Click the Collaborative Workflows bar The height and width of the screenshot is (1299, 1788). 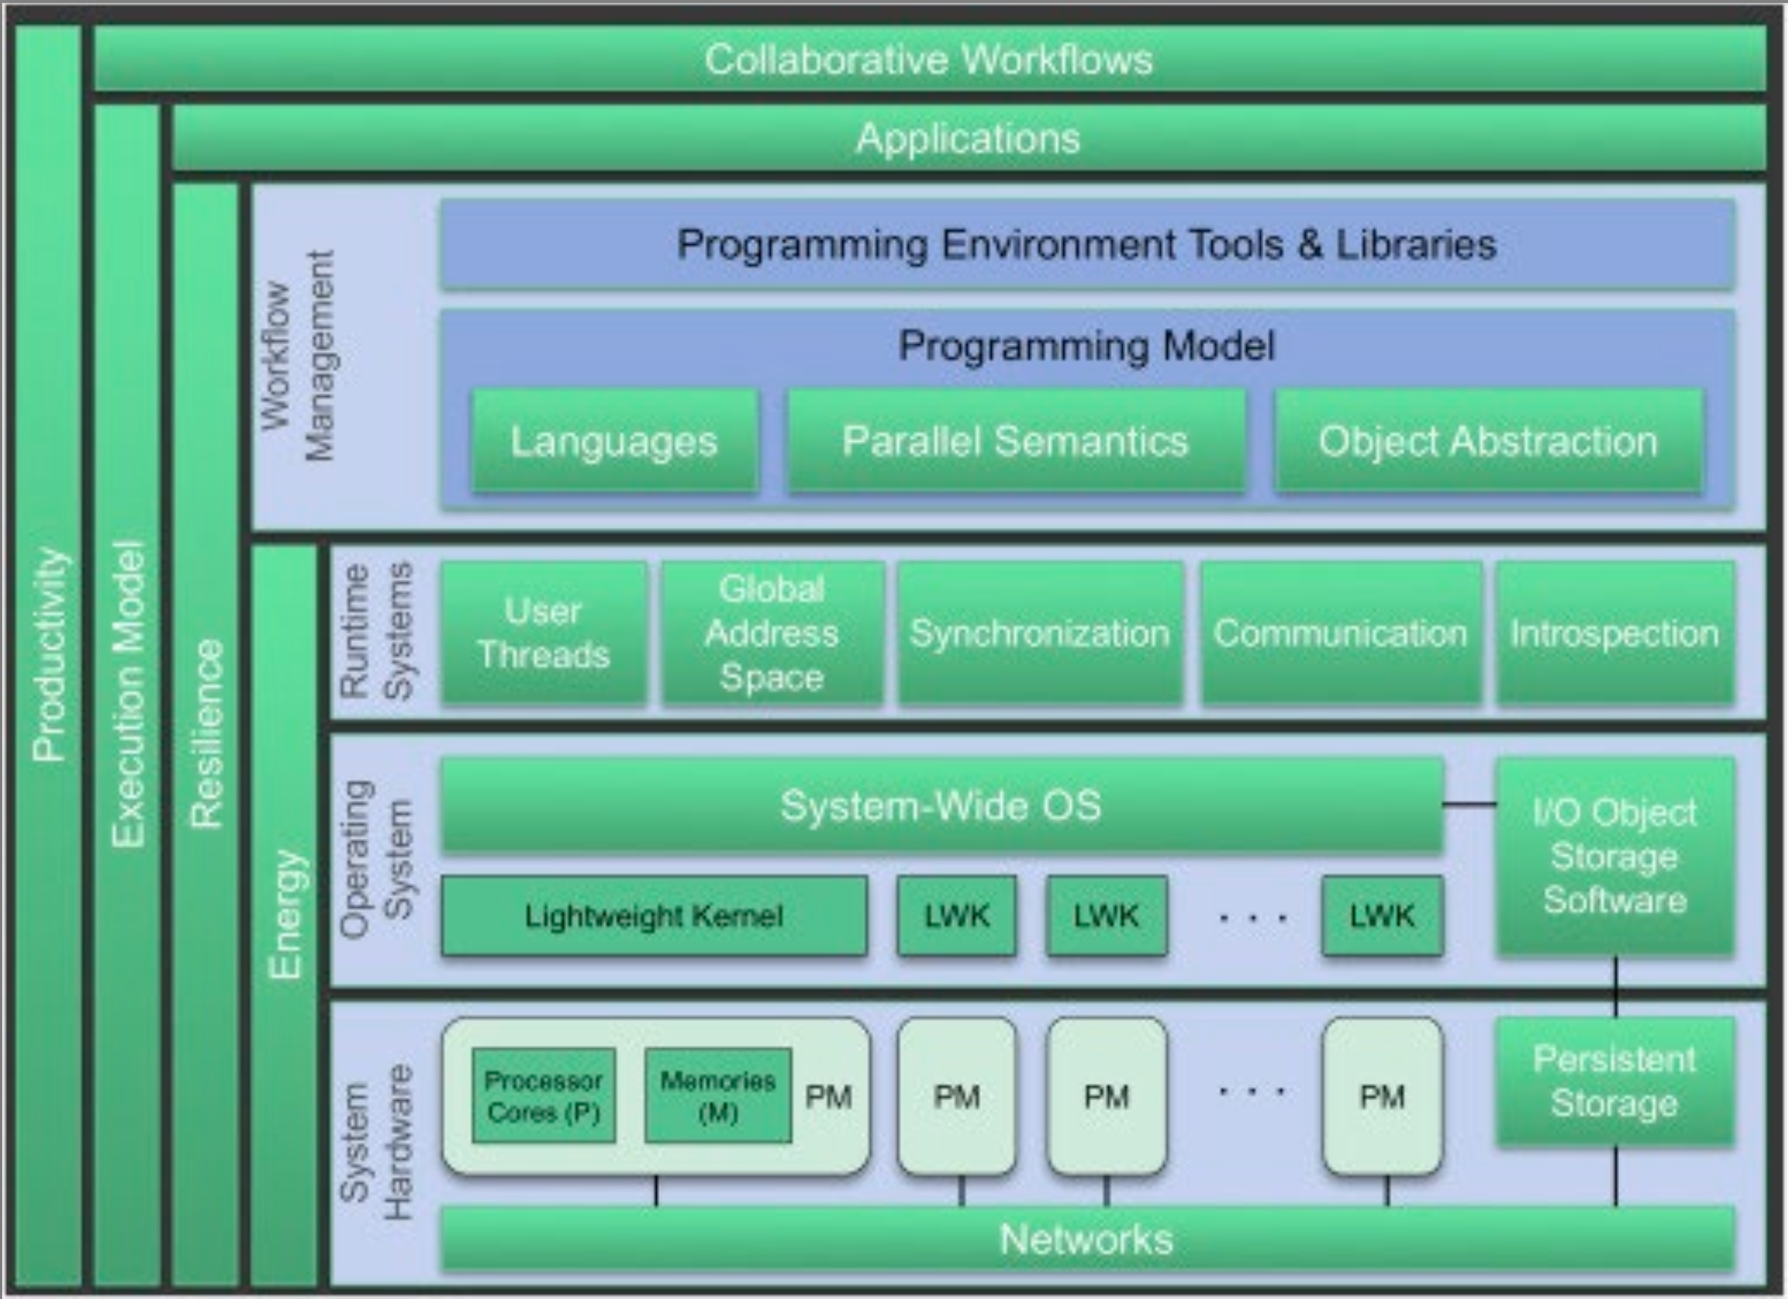pos(929,59)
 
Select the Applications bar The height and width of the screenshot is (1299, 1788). pos(968,139)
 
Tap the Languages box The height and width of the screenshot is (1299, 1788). pos(614,441)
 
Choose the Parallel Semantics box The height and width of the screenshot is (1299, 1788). pos(1015,441)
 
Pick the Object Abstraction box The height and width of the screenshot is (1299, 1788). pos(1488,441)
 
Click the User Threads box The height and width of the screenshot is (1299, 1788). pos(544,633)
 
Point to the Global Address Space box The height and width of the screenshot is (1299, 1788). pos(771,633)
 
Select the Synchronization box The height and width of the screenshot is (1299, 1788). pos(1040,633)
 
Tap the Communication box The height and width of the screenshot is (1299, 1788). pos(1340,633)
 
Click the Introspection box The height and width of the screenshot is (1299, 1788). pos(1614,633)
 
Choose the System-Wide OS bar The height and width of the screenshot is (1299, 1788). pos(942,806)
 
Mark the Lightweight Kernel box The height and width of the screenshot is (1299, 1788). pos(654,916)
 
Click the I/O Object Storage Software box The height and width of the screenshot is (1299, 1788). pos(1614,856)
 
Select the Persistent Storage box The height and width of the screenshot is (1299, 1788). pos(1614,1081)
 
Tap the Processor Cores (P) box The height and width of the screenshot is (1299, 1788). pos(544,1095)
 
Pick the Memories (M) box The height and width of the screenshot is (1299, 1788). pos(718,1095)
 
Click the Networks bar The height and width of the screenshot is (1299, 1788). pos(1087,1239)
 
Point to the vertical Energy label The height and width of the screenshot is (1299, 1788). pos(286,914)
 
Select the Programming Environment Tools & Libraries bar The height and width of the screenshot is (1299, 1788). pos(1087,244)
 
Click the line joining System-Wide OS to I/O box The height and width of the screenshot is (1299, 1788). pos(1469,805)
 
